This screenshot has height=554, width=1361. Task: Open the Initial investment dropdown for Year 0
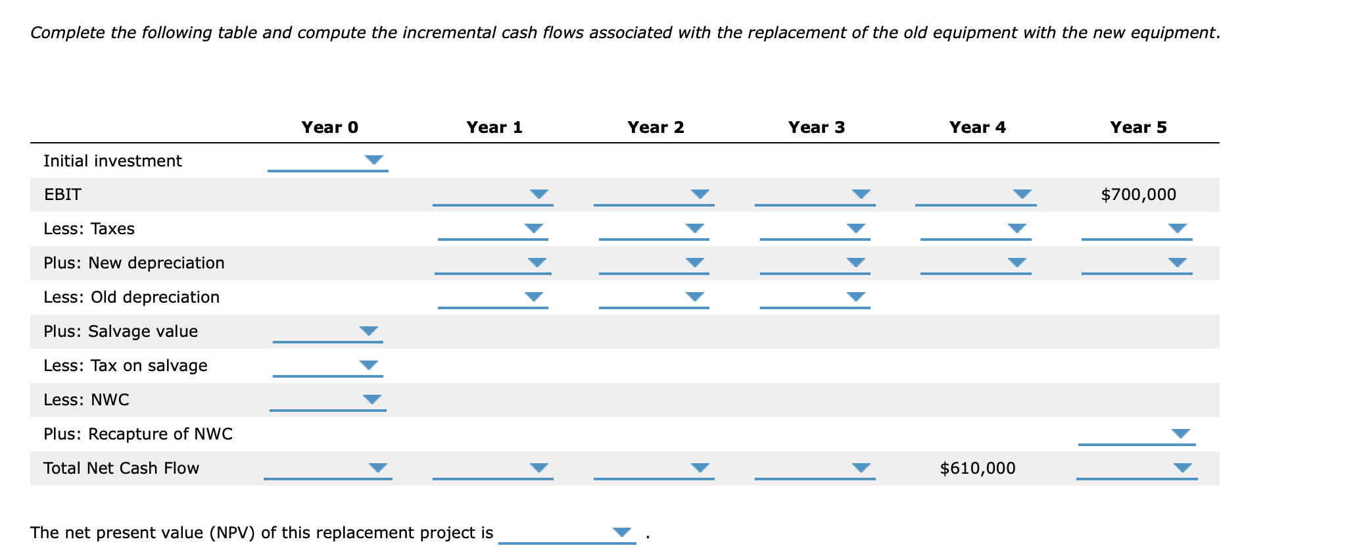(327, 161)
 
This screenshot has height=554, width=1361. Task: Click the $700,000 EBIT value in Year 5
(1138, 195)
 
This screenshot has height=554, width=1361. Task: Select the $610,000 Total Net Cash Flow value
(977, 468)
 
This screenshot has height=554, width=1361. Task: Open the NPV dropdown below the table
(567, 532)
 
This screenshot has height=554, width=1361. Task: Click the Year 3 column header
(816, 127)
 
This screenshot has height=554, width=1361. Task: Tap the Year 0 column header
(329, 127)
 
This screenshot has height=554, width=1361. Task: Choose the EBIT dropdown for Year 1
(492, 195)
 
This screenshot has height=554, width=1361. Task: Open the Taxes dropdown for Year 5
(1136, 229)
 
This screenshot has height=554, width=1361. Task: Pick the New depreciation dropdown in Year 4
(976, 263)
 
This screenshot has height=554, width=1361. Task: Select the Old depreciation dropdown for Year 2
(654, 297)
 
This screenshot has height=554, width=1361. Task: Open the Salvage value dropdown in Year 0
(327, 331)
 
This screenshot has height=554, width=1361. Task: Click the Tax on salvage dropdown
(327, 365)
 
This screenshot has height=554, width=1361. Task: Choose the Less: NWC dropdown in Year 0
(327, 399)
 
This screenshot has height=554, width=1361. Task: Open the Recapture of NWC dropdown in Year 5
(1136, 434)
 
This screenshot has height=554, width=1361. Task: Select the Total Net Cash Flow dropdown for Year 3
(815, 468)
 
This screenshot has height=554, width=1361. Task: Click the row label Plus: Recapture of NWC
(138, 434)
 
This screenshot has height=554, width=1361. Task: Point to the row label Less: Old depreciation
(131, 297)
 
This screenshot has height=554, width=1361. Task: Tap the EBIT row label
(62, 195)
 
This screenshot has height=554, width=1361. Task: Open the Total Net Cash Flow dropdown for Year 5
(1136, 468)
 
